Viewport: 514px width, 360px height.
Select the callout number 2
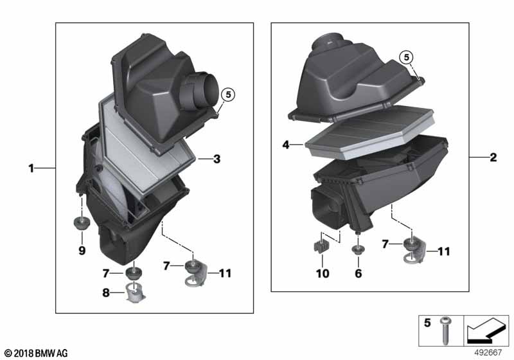pos(493,157)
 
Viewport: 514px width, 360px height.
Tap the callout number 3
pos(217,158)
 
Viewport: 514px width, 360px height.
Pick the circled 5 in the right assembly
pos(406,57)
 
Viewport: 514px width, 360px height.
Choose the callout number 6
pos(359,274)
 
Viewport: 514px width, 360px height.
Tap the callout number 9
pos(82,251)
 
